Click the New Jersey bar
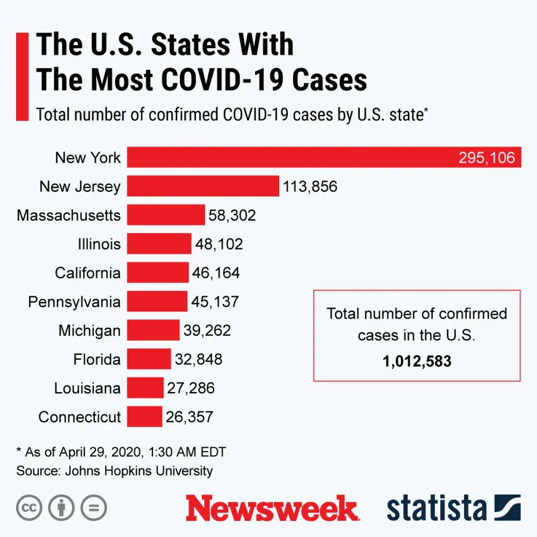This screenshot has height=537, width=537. [203, 186]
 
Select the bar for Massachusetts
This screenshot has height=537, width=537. [166, 215]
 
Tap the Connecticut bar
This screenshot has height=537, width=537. [144, 417]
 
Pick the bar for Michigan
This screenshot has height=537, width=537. [153, 330]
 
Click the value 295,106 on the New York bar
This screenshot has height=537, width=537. [487, 158]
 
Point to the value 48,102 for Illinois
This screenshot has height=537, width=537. [219, 244]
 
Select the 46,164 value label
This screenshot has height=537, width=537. [216, 273]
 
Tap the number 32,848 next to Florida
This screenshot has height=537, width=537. [199, 359]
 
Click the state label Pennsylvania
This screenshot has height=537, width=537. [74, 302]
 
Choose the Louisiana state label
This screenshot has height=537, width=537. [87, 388]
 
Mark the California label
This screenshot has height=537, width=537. [88, 273]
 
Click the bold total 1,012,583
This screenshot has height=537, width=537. [417, 361]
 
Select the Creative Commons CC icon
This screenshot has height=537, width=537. [30, 507]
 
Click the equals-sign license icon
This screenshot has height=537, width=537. [93, 507]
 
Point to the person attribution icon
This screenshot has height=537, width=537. [61, 507]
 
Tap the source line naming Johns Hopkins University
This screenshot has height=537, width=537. [114, 471]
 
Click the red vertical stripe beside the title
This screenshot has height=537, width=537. [22, 76]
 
